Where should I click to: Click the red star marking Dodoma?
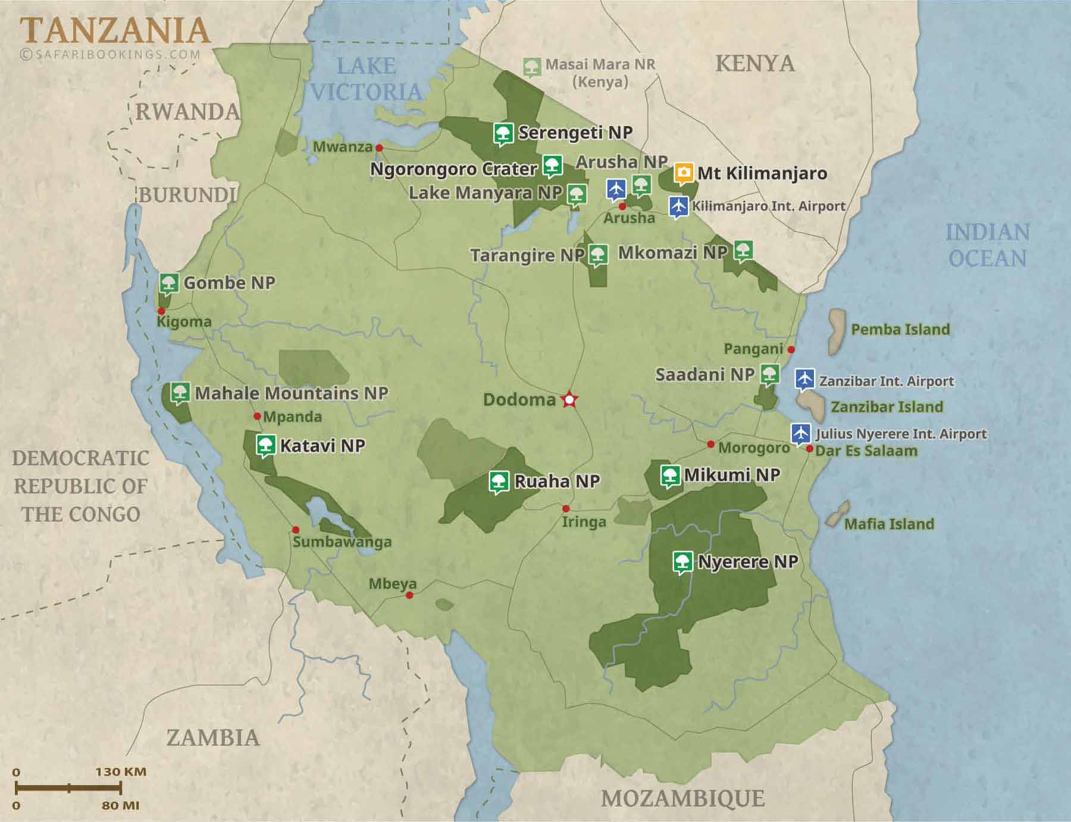(x=569, y=400)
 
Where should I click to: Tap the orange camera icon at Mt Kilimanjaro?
(x=684, y=173)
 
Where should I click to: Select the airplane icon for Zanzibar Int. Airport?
(x=804, y=379)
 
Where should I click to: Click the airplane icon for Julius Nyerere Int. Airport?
(x=801, y=433)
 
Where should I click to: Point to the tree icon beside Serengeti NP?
(x=503, y=133)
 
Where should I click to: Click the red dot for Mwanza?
(x=379, y=148)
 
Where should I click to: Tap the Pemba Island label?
(x=900, y=330)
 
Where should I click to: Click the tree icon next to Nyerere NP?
(x=683, y=561)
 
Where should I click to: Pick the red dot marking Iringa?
(x=566, y=509)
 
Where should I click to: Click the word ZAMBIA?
(x=213, y=738)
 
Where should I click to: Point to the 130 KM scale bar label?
(x=121, y=771)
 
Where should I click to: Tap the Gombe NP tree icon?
(x=169, y=283)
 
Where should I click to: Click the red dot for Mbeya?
(x=409, y=595)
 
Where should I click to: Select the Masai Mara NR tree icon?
(x=532, y=67)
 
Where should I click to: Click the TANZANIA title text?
(x=115, y=31)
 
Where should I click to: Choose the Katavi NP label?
(x=322, y=445)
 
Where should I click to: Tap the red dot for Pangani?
(x=791, y=349)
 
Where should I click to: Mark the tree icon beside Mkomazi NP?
(x=742, y=250)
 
